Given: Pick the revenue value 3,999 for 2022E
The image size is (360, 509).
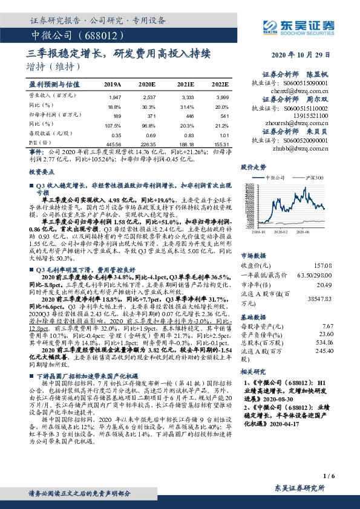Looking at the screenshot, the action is pos(223,97).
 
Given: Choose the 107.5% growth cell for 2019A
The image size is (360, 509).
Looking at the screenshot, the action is pos(113,125).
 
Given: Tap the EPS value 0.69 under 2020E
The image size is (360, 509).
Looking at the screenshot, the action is pos(149,135).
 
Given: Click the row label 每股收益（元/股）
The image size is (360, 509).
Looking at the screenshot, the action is pos(48,135).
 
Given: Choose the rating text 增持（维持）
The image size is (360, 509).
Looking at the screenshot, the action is pos(54,66).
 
